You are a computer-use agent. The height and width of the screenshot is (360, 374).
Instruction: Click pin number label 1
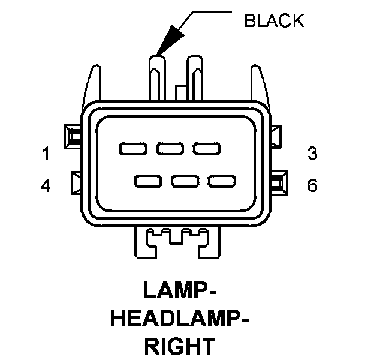pos(46,154)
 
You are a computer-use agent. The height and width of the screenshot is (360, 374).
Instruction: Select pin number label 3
pos(312,154)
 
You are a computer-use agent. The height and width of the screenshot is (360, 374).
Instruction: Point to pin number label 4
pos(46,186)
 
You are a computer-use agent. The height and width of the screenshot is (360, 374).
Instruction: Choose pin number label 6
pos(312,186)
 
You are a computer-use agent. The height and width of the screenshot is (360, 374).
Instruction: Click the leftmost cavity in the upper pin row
pos(131,148)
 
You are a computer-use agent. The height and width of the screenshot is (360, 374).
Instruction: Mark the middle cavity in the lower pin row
pos(184,180)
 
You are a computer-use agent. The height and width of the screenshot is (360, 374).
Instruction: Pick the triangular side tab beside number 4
pos(77,184)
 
